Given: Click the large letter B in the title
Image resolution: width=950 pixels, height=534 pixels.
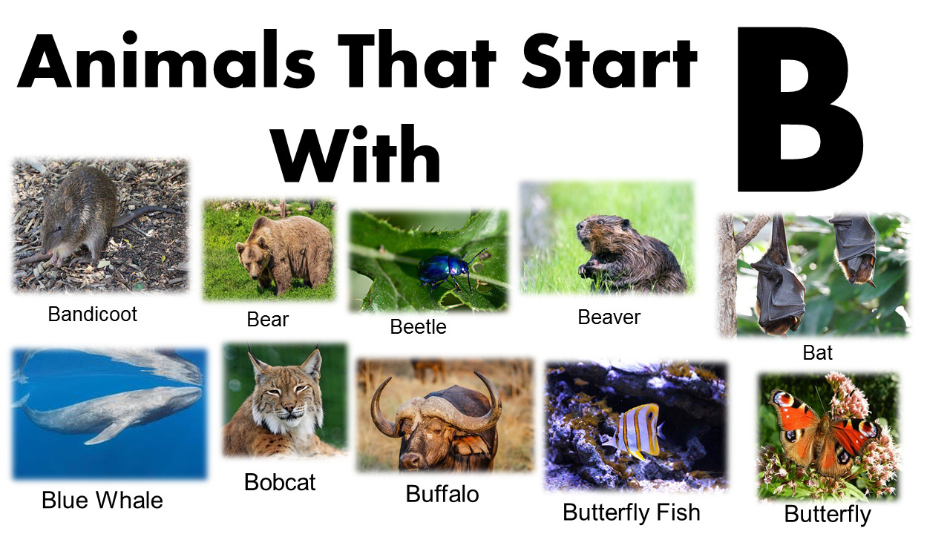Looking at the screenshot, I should pos(800,111).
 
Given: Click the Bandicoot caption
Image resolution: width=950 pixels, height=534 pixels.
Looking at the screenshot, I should pos(93,314).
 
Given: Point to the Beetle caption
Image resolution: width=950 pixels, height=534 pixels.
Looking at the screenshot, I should pos(419,326).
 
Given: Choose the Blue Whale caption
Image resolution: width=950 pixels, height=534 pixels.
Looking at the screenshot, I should pos(102,500).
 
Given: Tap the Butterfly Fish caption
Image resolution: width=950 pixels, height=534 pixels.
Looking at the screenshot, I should pos(632,512).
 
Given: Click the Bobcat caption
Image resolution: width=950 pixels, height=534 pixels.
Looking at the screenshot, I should pos(280,482).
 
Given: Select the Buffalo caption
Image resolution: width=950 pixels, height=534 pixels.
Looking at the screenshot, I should pos(442,494).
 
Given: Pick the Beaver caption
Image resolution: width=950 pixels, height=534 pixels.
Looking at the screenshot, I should pos(609,317).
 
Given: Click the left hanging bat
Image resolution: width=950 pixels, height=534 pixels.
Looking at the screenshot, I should pos(776,274).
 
